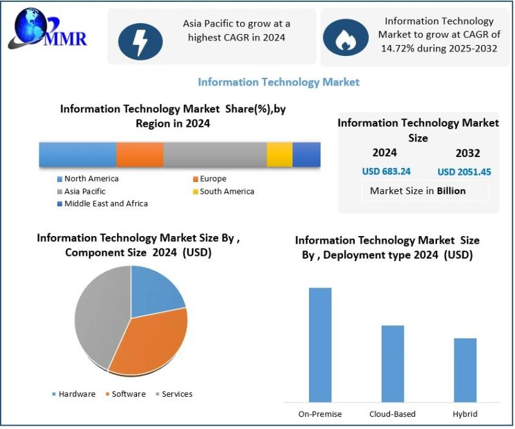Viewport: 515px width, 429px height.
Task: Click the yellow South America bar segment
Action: (x=279, y=155)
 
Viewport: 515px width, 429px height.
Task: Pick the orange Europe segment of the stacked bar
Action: (x=140, y=155)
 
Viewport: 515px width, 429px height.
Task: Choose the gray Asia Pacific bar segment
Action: (x=215, y=155)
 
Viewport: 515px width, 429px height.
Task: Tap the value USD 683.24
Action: (x=386, y=172)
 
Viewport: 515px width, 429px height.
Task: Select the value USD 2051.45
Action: (x=464, y=172)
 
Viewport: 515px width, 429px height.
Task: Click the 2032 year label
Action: (x=468, y=153)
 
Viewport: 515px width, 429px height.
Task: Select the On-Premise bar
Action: (x=320, y=345)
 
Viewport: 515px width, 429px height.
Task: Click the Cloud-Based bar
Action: (x=393, y=363)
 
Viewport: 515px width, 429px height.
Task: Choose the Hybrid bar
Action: (x=465, y=370)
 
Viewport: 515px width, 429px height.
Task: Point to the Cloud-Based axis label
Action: (x=393, y=414)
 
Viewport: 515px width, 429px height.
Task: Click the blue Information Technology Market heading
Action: (x=278, y=82)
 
